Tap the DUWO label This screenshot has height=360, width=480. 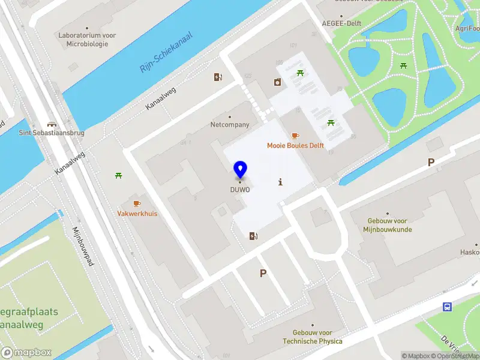pyautogui.click(x=240, y=190)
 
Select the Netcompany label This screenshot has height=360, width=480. pyautogui.click(x=229, y=125)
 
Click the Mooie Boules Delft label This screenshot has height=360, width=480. pyautogui.click(x=295, y=146)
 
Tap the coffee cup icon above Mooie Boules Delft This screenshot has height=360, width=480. pyautogui.click(x=295, y=136)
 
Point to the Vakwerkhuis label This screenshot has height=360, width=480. pyautogui.click(x=137, y=214)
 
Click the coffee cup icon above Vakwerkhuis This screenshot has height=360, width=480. pyautogui.click(x=137, y=204)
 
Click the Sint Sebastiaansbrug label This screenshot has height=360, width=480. pyautogui.click(x=52, y=132)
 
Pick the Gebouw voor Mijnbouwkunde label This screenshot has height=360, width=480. pyautogui.click(x=387, y=225)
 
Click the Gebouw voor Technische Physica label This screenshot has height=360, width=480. pyautogui.click(x=313, y=337)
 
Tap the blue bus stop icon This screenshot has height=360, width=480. pyautogui.click(x=448, y=307)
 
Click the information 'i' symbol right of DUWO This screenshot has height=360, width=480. pyautogui.click(x=280, y=182)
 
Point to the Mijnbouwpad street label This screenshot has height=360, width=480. pyautogui.click(x=82, y=247)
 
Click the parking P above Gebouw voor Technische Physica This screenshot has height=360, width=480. pyautogui.click(x=262, y=273)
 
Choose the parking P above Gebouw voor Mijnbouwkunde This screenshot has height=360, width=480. pyautogui.click(x=430, y=162)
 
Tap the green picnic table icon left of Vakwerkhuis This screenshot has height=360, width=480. pyautogui.click(x=119, y=175)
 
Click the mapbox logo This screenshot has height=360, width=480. pyautogui.click(x=26, y=353)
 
